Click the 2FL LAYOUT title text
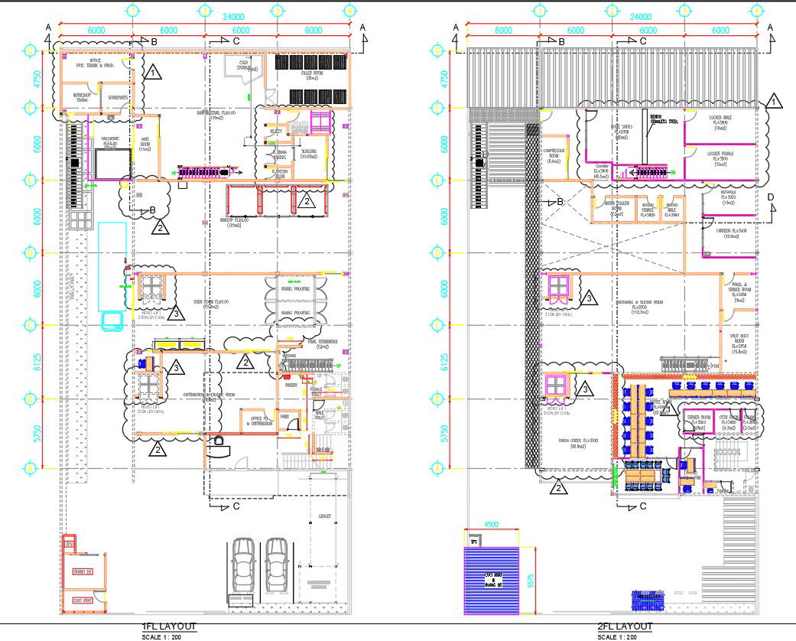[625, 627]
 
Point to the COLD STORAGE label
[246, 64]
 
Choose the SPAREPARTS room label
[117, 97]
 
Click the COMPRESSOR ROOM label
[553, 154]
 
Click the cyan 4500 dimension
[492, 525]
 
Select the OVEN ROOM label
[222, 304]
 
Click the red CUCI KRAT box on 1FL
[83, 600]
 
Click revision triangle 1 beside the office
[154, 73]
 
